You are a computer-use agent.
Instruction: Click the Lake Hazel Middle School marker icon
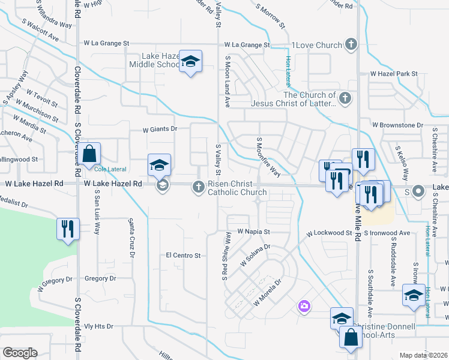tap(191, 62)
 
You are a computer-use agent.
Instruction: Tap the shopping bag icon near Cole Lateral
tap(89, 154)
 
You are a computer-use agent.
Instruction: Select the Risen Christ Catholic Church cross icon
tap(198, 187)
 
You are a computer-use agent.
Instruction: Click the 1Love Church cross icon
tap(351, 44)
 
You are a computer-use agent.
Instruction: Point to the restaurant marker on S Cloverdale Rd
tap(67, 229)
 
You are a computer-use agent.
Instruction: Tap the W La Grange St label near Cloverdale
tap(106, 43)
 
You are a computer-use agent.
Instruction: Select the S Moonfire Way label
tap(268, 157)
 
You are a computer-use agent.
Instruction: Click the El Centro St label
tap(183, 256)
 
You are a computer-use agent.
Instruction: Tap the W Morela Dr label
tap(267, 292)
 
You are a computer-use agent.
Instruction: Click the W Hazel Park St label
tap(394, 74)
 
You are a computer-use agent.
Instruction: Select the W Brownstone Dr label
tap(397, 125)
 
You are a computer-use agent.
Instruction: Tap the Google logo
tap(19, 353)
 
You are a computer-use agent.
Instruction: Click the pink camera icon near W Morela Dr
tap(304, 307)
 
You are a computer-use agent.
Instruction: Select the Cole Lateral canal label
tap(109, 170)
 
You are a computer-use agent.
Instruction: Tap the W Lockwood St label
tap(328, 233)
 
